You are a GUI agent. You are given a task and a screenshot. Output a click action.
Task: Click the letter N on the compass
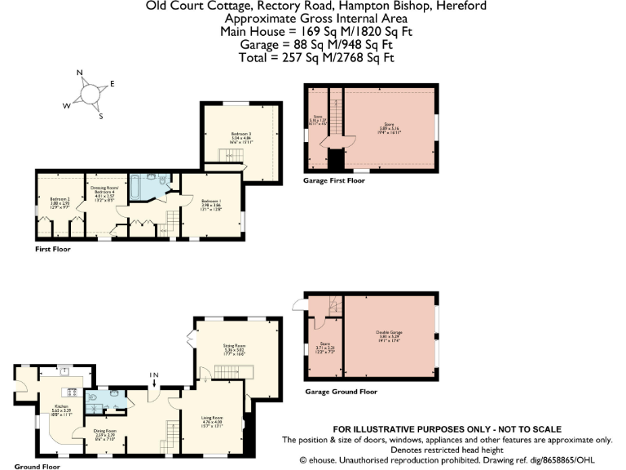point(80,73)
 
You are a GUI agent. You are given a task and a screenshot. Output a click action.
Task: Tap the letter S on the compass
point(101,116)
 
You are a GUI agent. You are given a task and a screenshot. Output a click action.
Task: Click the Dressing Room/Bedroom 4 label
point(104,193)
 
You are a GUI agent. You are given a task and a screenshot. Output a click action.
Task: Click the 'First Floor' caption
point(53,249)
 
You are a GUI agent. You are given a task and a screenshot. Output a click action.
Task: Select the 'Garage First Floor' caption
point(333,180)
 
